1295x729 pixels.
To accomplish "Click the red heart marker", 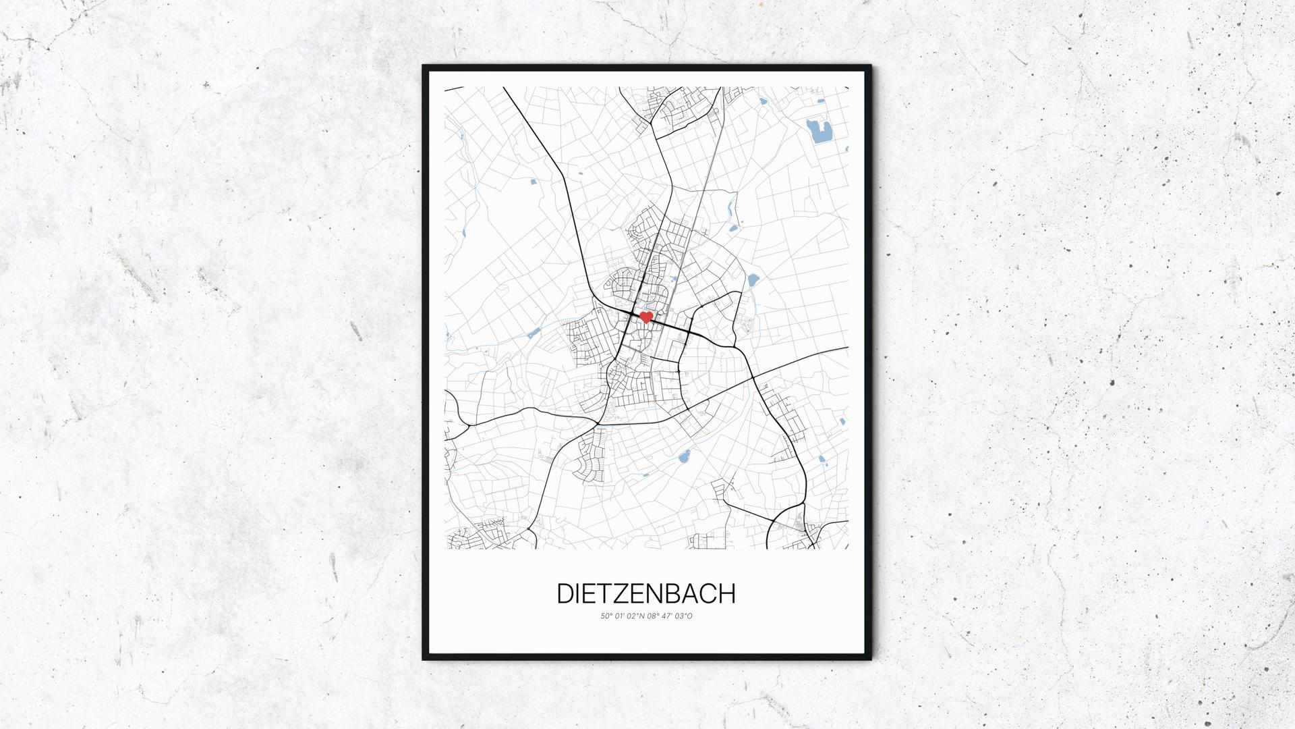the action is (x=645, y=317).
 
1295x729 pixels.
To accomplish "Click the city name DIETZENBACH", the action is (x=645, y=593).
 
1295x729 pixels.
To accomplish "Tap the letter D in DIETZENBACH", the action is (x=565, y=593).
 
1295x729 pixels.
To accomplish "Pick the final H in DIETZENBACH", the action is (x=726, y=593).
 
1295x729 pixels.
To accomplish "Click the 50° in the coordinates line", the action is (x=606, y=616).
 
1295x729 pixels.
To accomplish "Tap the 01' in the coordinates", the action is (x=619, y=616).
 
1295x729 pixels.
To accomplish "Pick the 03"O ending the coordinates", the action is (x=685, y=616).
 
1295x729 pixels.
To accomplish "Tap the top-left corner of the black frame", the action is (x=424, y=66).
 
